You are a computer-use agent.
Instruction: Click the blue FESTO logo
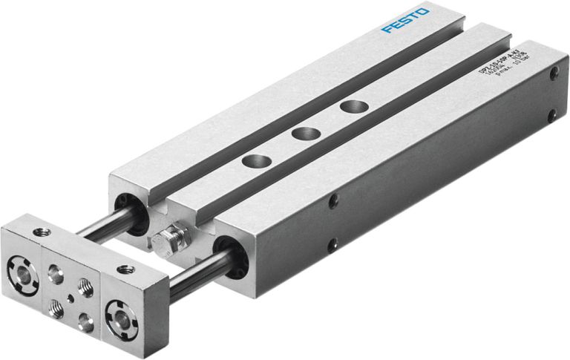[405, 20]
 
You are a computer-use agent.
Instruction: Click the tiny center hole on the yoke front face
[69, 297]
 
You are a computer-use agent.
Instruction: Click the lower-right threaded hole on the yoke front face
[86, 321]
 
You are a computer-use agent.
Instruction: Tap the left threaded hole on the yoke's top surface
[42, 233]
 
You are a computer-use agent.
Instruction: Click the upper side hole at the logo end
[553, 73]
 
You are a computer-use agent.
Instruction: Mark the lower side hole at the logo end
[551, 116]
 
